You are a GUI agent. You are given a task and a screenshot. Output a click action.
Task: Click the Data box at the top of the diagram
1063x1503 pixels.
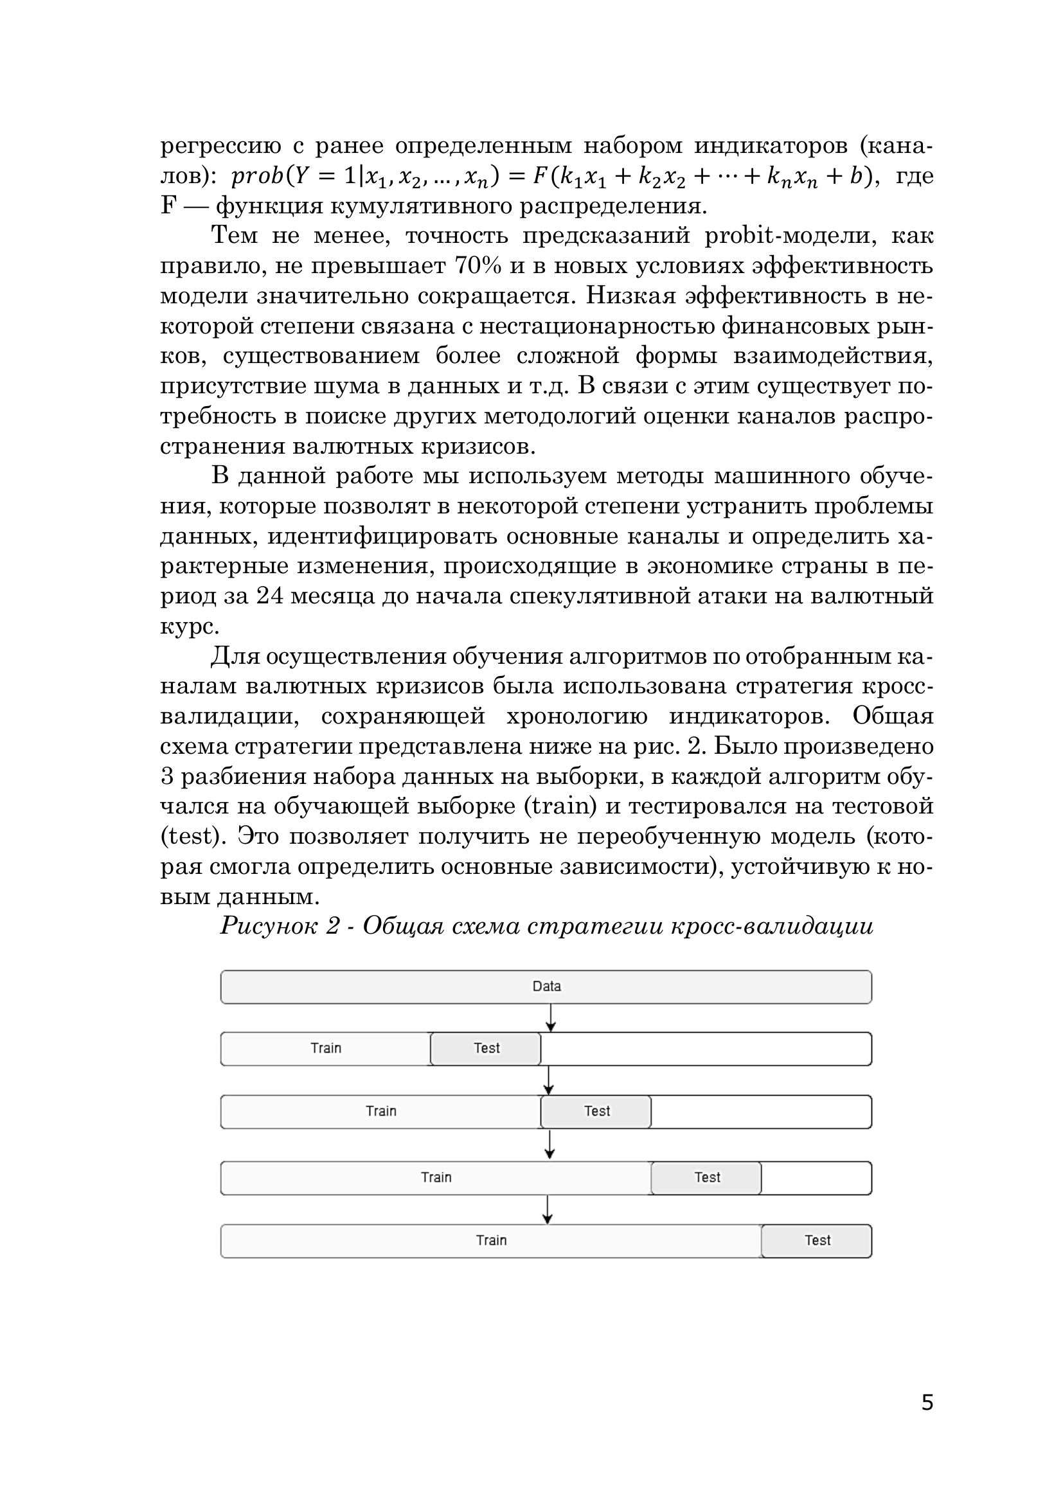[546, 986]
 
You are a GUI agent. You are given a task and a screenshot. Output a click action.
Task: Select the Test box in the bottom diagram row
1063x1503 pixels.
[816, 1240]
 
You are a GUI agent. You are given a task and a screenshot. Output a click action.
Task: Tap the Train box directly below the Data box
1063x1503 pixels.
[325, 1048]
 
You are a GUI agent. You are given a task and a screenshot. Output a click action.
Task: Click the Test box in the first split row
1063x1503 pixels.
[486, 1048]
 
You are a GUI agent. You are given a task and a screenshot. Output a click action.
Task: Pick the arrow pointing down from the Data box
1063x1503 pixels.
[551, 1017]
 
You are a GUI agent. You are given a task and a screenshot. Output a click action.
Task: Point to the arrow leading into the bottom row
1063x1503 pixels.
[548, 1209]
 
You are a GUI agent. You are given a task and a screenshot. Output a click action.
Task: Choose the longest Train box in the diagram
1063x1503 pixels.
[491, 1240]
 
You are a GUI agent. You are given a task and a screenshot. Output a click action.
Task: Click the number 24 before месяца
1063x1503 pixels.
[271, 596]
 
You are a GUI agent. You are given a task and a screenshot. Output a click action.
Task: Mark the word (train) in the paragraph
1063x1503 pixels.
[560, 806]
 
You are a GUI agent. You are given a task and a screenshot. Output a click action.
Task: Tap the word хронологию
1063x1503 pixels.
[576, 716]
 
